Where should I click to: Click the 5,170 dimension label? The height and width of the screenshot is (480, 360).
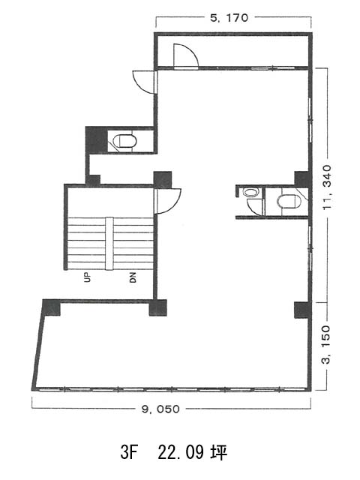(229, 18)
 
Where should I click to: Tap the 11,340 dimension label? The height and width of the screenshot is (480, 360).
(327, 187)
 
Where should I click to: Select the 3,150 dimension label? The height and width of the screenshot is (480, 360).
(327, 345)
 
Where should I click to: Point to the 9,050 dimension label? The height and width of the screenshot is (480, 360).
(160, 409)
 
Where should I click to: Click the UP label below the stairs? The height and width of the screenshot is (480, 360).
(88, 277)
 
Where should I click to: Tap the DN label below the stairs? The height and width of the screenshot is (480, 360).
(133, 277)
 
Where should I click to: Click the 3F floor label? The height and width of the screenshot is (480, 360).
(129, 452)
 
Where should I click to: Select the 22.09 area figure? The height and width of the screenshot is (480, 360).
(181, 452)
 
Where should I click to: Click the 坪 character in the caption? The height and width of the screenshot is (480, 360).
(219, 452)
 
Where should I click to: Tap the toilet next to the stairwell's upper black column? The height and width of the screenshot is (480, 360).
(125, 141)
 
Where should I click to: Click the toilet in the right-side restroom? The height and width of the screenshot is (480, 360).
(289, 202)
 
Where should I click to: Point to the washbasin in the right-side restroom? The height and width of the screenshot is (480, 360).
(250, 193)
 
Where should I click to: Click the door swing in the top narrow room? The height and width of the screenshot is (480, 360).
(186, 55)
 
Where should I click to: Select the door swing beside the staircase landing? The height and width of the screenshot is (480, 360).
(168, 201)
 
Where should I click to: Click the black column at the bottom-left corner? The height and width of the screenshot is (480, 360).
(52, 307)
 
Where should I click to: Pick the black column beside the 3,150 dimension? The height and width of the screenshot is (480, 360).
(302, 310)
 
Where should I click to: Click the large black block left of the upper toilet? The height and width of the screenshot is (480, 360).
(97, 140)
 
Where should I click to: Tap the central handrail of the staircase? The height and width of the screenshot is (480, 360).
(109, 244)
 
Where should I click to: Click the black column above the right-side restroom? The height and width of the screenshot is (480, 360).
(302, 178)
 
